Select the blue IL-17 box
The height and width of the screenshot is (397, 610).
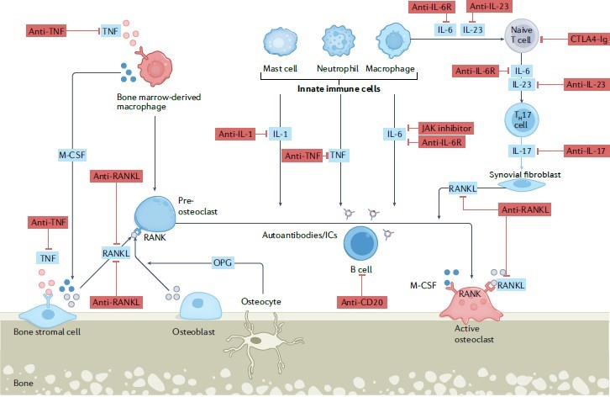(x=518, y=151)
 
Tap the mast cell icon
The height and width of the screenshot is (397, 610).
(x=277, y=42)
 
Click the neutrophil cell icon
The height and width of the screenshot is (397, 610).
(x=335, y=41)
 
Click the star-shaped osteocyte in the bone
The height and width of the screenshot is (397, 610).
(x=270, y=342)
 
